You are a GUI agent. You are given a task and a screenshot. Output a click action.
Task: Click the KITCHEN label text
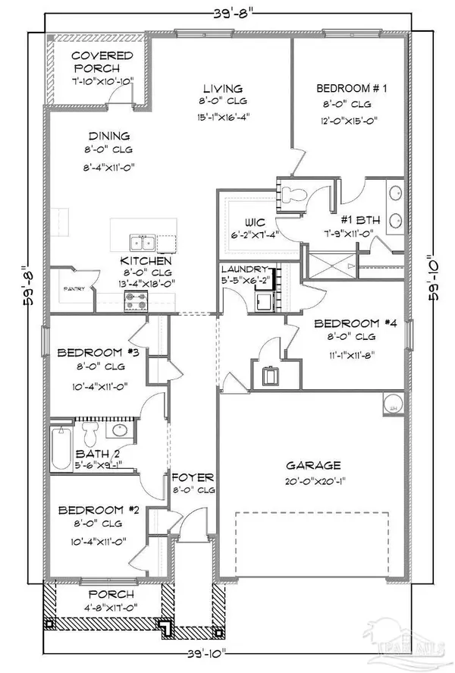(x=148, y=262)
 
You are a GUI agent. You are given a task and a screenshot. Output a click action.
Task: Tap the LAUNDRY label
(x=244, y=269)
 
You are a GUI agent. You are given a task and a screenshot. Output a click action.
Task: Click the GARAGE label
(x=312, y=465)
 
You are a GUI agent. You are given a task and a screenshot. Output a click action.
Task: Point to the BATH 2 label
(x=77, y=455)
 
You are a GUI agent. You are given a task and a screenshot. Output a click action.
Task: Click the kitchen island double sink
(x=142, y=244)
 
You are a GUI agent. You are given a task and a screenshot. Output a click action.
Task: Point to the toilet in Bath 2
(x=90, y=435)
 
